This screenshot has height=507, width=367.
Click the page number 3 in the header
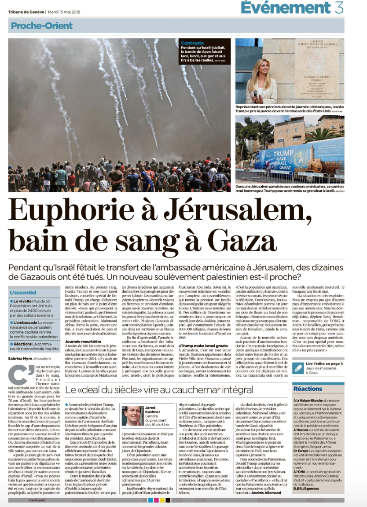[x=339, y=7]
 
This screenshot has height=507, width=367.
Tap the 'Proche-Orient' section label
[x=42, y=26]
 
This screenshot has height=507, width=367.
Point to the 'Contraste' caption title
[x=192, y=43]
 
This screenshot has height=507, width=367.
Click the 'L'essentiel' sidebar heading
[x=23, y=292]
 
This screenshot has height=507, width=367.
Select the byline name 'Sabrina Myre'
[x=20, y=359]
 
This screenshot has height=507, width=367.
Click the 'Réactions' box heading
[x=308, y=389]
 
